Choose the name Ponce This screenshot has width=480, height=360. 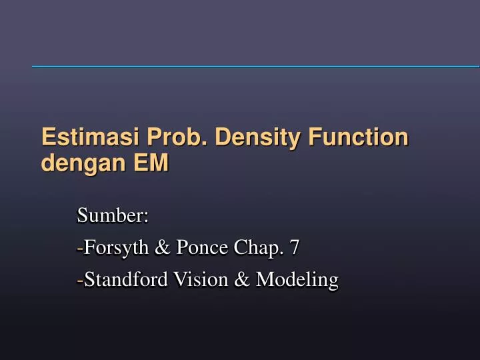[x=198, y=249]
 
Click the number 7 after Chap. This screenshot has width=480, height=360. [x=294, y=249]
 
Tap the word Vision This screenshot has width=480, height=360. [x=195, y=280]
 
